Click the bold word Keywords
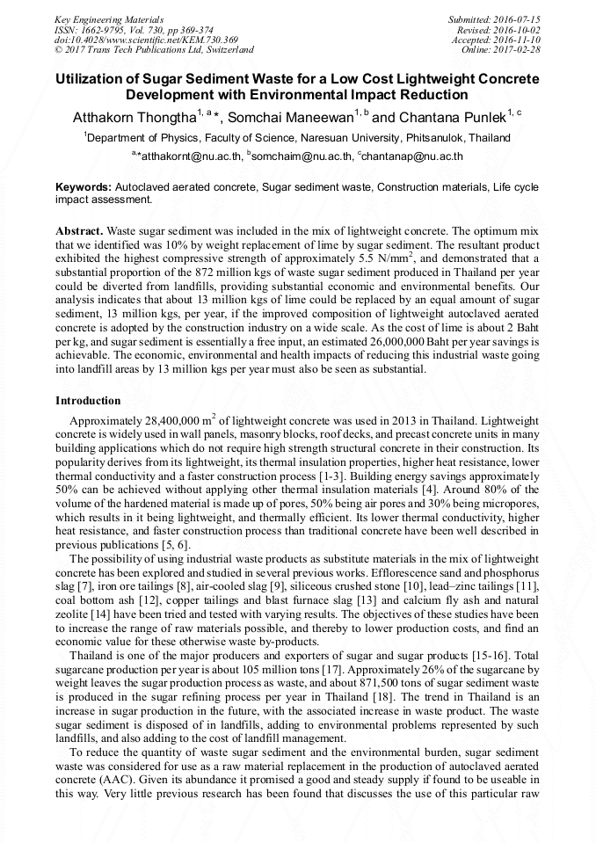point(84,188)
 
